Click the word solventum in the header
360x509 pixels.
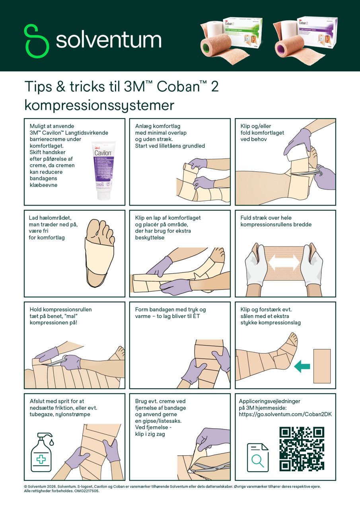[108, 41]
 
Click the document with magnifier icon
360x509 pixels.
[257, 457]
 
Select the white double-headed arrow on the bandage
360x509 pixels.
[283, 262]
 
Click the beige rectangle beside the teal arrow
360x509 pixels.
[322, 366]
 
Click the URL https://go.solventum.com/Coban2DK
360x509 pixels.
[285, 414]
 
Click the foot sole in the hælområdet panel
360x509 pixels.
[99, 254]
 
